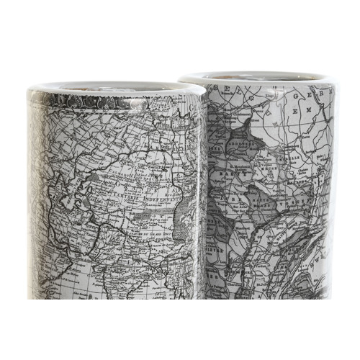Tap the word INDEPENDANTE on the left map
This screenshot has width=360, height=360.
coord(158,191)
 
